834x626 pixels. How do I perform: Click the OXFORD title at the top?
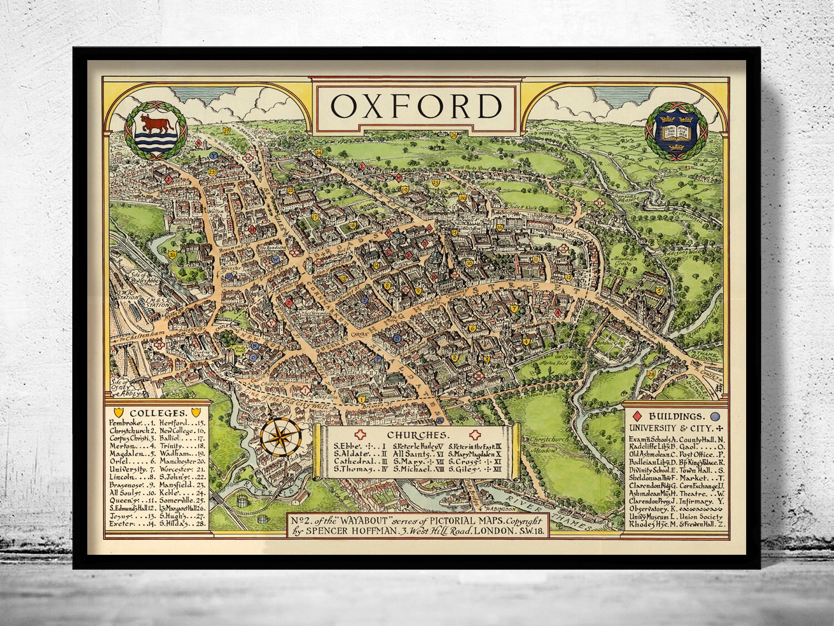coord(416,106)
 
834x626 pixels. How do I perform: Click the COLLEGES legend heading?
coord(156,413)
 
